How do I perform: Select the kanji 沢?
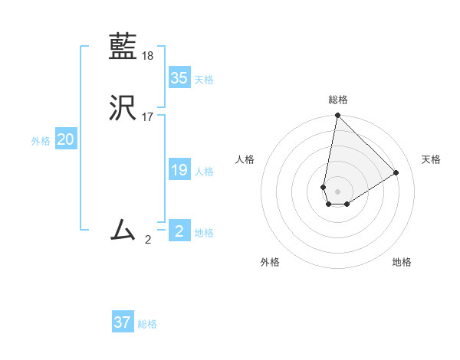(x=123, y=109)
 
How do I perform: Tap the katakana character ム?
(x=123, y=229)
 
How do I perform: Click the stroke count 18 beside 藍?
(x=148, y=55)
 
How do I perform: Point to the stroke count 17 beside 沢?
(x=148, y=117)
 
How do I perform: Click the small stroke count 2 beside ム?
(x=148, y=239)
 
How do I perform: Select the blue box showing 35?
(x=179, y=78)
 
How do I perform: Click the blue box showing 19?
(x=179, y=170)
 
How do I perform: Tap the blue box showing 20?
(x=66, y=139)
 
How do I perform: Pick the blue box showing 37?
(x=123, y=322)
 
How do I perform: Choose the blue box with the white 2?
(x=179, y=231)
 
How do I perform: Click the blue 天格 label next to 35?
(x=204, y=80)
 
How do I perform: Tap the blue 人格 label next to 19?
(x=204, y=172)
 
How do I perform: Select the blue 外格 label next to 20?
(x=41, y=141)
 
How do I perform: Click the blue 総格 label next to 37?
(x=147, y=324)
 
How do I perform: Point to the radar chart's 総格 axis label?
(x=337, y=100)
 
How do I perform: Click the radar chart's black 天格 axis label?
(x=431, y=159)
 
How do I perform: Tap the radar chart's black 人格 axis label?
(x=245, y=159)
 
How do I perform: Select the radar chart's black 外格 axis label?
(x=270, y=262)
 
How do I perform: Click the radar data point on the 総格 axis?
(x=337, y=116)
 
